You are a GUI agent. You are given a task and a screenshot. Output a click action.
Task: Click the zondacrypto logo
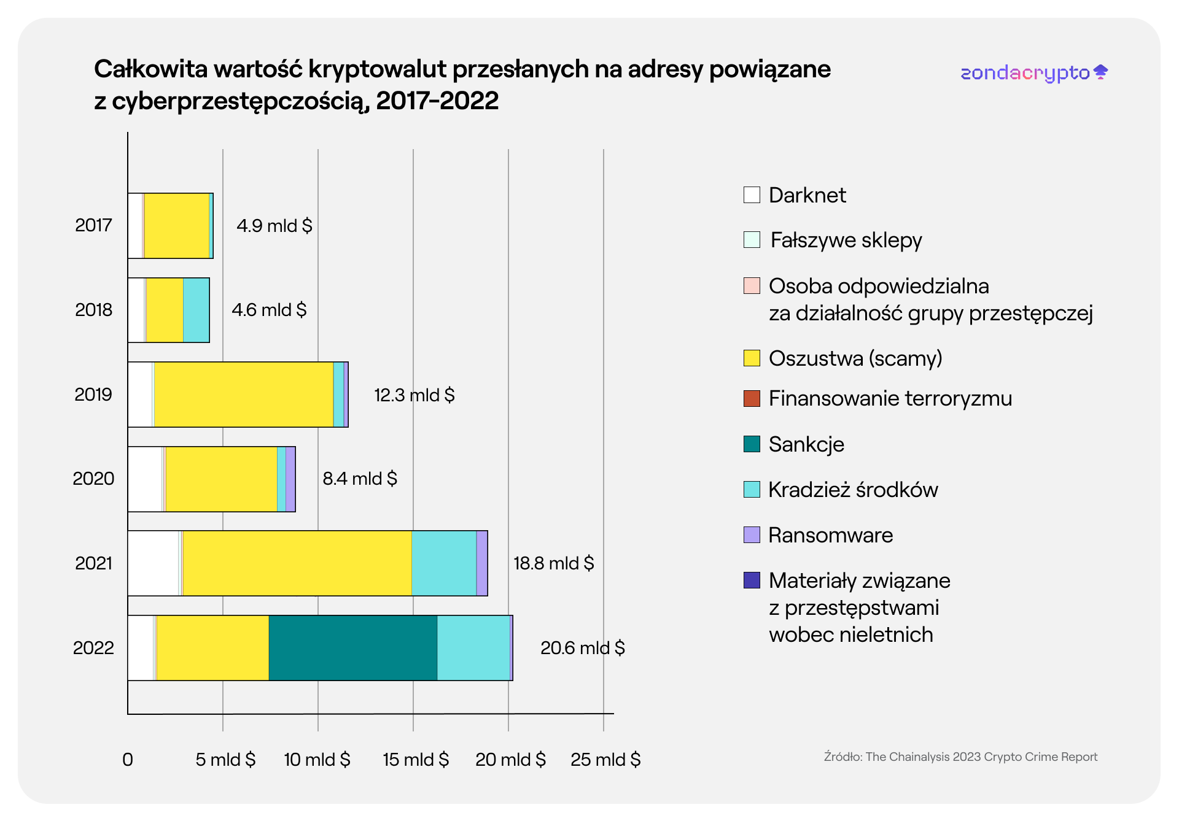coord(1033,73)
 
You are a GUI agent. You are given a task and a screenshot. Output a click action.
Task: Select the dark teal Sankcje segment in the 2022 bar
coord(352,647)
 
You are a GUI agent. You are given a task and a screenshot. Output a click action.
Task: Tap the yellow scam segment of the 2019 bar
coord(243,395)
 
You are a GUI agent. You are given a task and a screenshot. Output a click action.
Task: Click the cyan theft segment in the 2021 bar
coord(443,563)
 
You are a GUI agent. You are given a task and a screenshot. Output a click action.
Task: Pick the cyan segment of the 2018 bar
coord(196,310)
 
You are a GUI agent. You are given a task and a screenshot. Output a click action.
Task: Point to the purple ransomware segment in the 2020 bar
coord(290,479)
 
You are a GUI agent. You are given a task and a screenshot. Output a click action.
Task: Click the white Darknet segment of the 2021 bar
coord(153,563)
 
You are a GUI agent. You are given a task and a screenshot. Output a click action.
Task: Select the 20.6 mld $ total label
coord(582,648)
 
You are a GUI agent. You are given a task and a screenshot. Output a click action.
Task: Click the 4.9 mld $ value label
coord(274,226)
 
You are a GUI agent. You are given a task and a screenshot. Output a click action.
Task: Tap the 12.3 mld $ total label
coord(414,395)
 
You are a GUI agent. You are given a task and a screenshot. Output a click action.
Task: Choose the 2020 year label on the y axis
coord(93,479)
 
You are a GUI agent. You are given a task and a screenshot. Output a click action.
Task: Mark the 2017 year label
coord(93,225)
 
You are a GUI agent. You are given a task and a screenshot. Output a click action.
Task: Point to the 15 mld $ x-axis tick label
coord(416,760)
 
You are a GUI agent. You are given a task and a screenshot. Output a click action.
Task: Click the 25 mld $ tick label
coord(605,760)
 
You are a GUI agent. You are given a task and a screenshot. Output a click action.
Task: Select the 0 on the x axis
coord(128,760)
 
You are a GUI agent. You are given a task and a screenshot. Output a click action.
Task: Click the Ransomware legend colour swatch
coord(752,534)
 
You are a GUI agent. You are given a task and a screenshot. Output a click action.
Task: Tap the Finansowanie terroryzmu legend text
coord(890,398)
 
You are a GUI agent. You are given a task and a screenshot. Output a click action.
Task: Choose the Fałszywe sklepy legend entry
coord(846,240)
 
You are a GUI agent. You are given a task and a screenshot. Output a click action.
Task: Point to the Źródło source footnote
coord(960,757)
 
